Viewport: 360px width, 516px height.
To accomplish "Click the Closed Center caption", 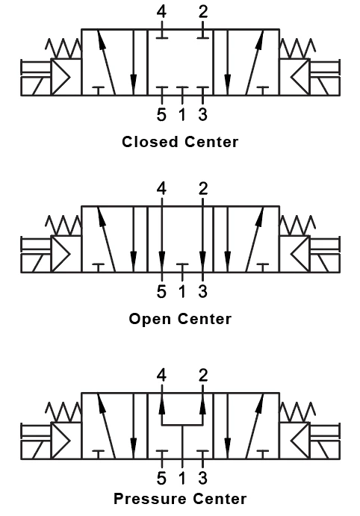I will [x=180, y=142].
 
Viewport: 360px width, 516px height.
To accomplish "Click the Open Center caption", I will [x=180, y=319].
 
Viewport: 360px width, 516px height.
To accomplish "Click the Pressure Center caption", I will [x=180, y=498].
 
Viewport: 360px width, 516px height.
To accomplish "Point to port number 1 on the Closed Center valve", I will [x=182, y=116].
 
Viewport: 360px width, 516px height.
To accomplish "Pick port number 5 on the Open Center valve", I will [x=161, y=292].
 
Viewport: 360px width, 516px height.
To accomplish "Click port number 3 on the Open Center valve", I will [x=202, y=292].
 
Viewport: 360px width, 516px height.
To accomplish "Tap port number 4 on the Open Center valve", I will [x=162, y=188].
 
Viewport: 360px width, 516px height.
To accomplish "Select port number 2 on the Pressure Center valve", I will [x=202, y=375].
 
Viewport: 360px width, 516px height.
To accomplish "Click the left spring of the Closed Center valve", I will [x=64, y=49].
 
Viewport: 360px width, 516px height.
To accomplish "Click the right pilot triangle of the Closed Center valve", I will [x=299, y=76].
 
